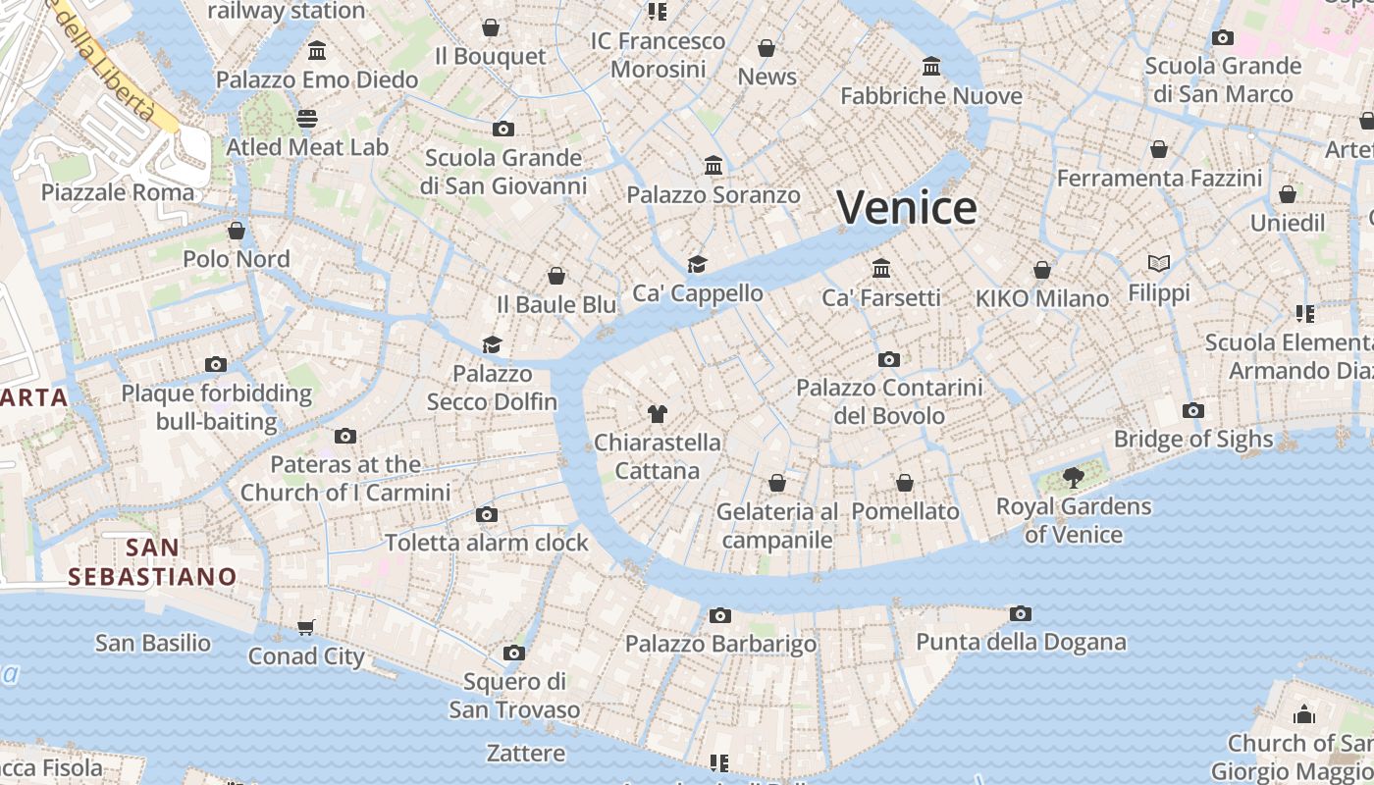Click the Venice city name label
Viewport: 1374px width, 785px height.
[x=906, y=208]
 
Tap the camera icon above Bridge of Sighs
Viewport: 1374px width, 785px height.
[x=1193, y=411]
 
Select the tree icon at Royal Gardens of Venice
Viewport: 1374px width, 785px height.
[x=1073, y=478]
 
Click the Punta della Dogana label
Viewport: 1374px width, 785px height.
[x=1021, y=643]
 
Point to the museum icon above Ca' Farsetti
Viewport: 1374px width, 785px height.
[x=881, y=268]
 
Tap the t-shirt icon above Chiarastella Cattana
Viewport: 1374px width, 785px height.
[x=657, y=414]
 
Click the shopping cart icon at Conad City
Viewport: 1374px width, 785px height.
[x=306, y=628]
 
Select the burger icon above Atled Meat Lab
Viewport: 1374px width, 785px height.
[x=307, y=119]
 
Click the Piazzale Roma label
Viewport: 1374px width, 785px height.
[x=118, y=192]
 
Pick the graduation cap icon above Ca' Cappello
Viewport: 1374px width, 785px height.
[x=697, y=264]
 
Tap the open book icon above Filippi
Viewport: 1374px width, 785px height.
[x=1159, y=263]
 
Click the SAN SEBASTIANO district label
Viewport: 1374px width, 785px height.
[x=153, y=561]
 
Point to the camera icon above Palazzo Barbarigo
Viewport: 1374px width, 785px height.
[x=720, y=615]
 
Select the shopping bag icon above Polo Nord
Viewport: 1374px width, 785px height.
[x=237, y=231]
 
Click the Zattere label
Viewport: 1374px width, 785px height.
[x=526, y=754]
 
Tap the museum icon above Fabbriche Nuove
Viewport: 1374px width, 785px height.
[x=931, y=67]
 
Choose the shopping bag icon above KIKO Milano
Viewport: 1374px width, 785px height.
[x=1042, y=269]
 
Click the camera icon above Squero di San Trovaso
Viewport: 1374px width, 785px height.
[x=513, y=653]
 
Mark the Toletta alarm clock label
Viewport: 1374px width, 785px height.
[x=487, y=543]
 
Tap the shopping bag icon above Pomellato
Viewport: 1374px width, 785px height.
[x=905, y=483]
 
